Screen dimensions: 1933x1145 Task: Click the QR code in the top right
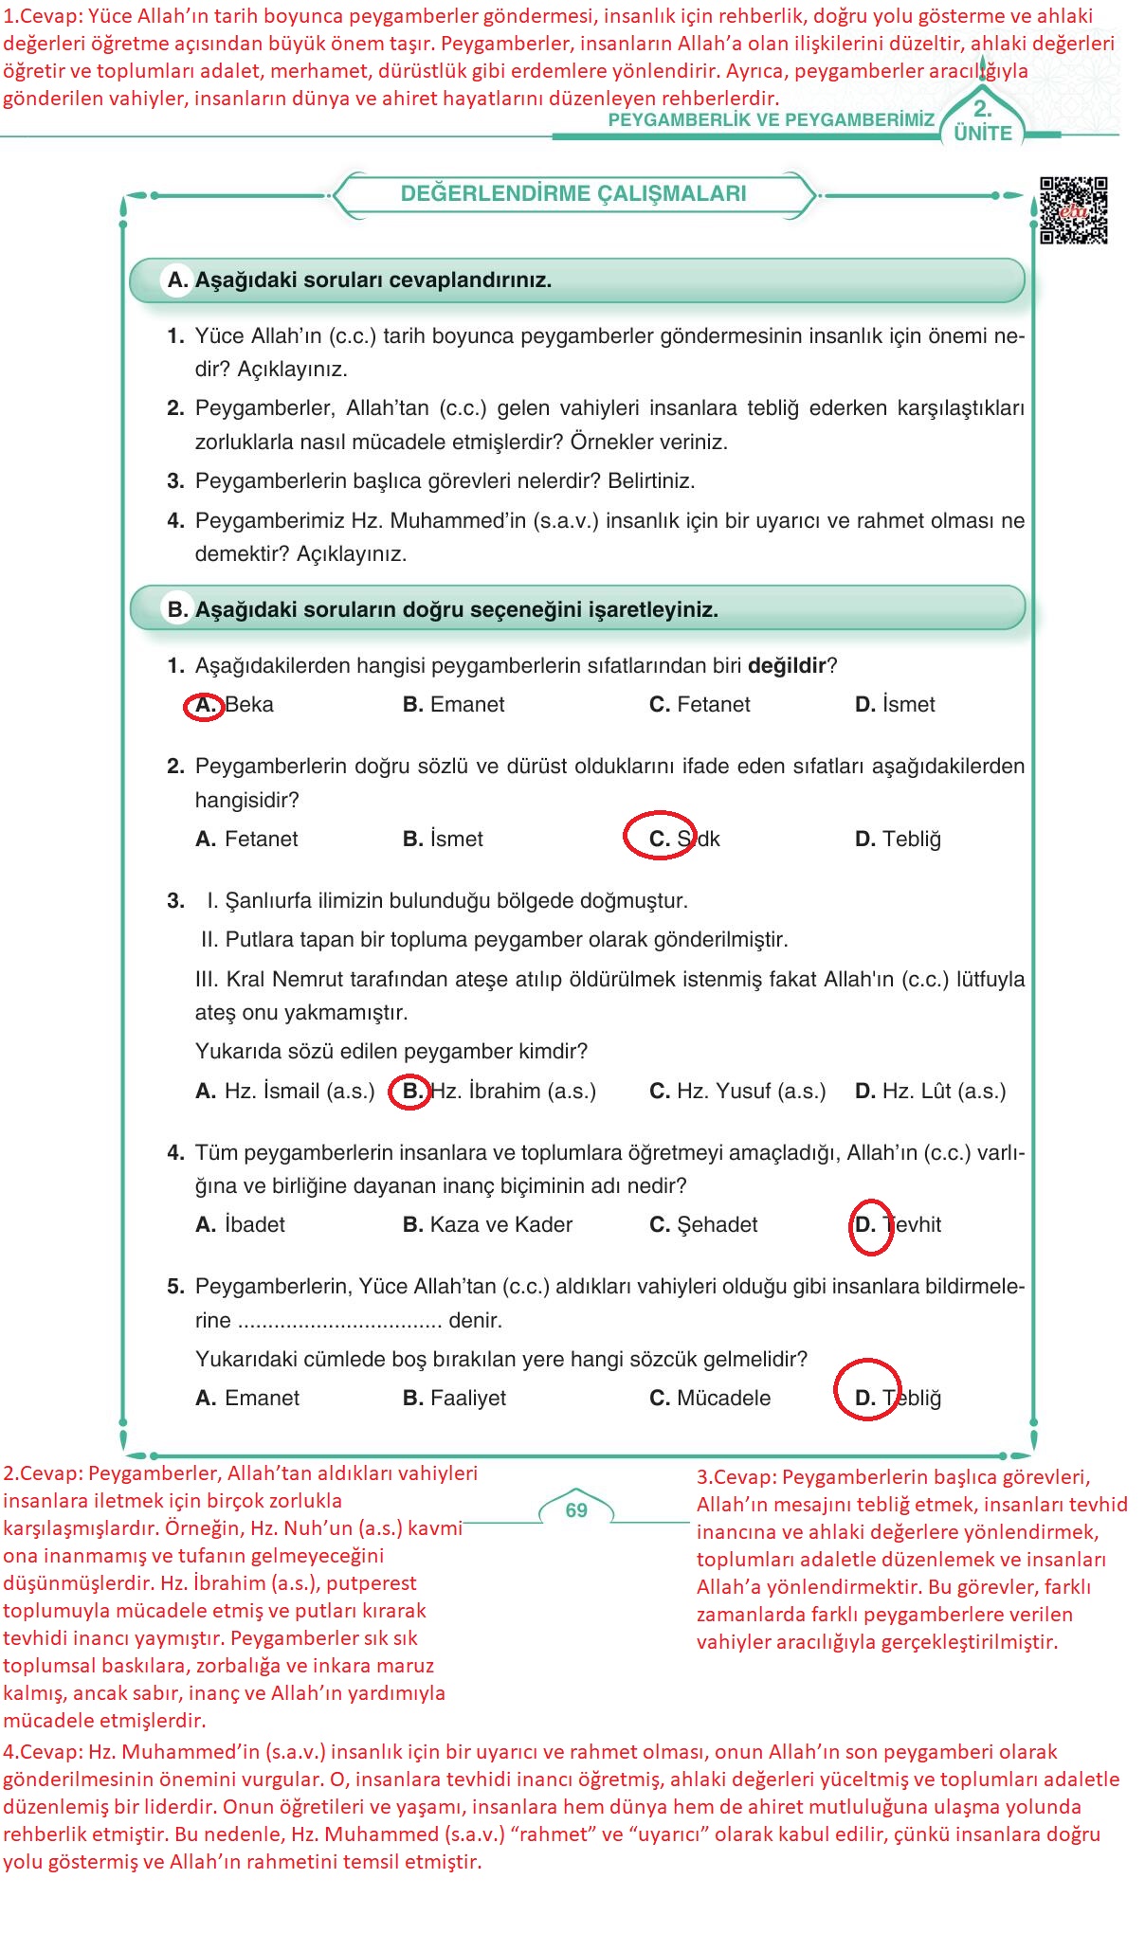(1073, 210)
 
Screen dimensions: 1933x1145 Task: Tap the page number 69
(576, 1510)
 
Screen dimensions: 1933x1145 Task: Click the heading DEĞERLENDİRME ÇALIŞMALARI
(573, 194)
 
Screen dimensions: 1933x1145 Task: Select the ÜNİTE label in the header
(983, 134)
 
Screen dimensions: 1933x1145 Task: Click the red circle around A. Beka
(204, 706)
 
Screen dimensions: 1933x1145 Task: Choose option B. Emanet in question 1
(453, 705)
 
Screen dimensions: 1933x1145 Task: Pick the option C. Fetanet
(700, 705)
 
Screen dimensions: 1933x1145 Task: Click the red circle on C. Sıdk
(660, 836)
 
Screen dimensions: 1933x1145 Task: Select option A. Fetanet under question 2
(246, 840)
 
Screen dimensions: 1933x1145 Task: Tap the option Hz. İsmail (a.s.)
(285, 1092)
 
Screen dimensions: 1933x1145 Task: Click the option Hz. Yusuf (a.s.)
(737, 1092)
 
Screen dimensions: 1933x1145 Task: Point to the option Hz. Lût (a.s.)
(930, 1092)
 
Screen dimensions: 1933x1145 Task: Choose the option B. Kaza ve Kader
(487, 1225)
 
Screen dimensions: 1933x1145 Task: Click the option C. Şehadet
(703, 1225)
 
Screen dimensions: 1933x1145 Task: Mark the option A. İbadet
(240, 1225)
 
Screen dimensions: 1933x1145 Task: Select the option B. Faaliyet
(454, 1399)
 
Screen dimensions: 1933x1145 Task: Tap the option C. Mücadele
(710, 1399)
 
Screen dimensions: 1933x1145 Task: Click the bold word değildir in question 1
(787, 666)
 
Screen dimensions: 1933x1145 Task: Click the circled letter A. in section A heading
(177, 280)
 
